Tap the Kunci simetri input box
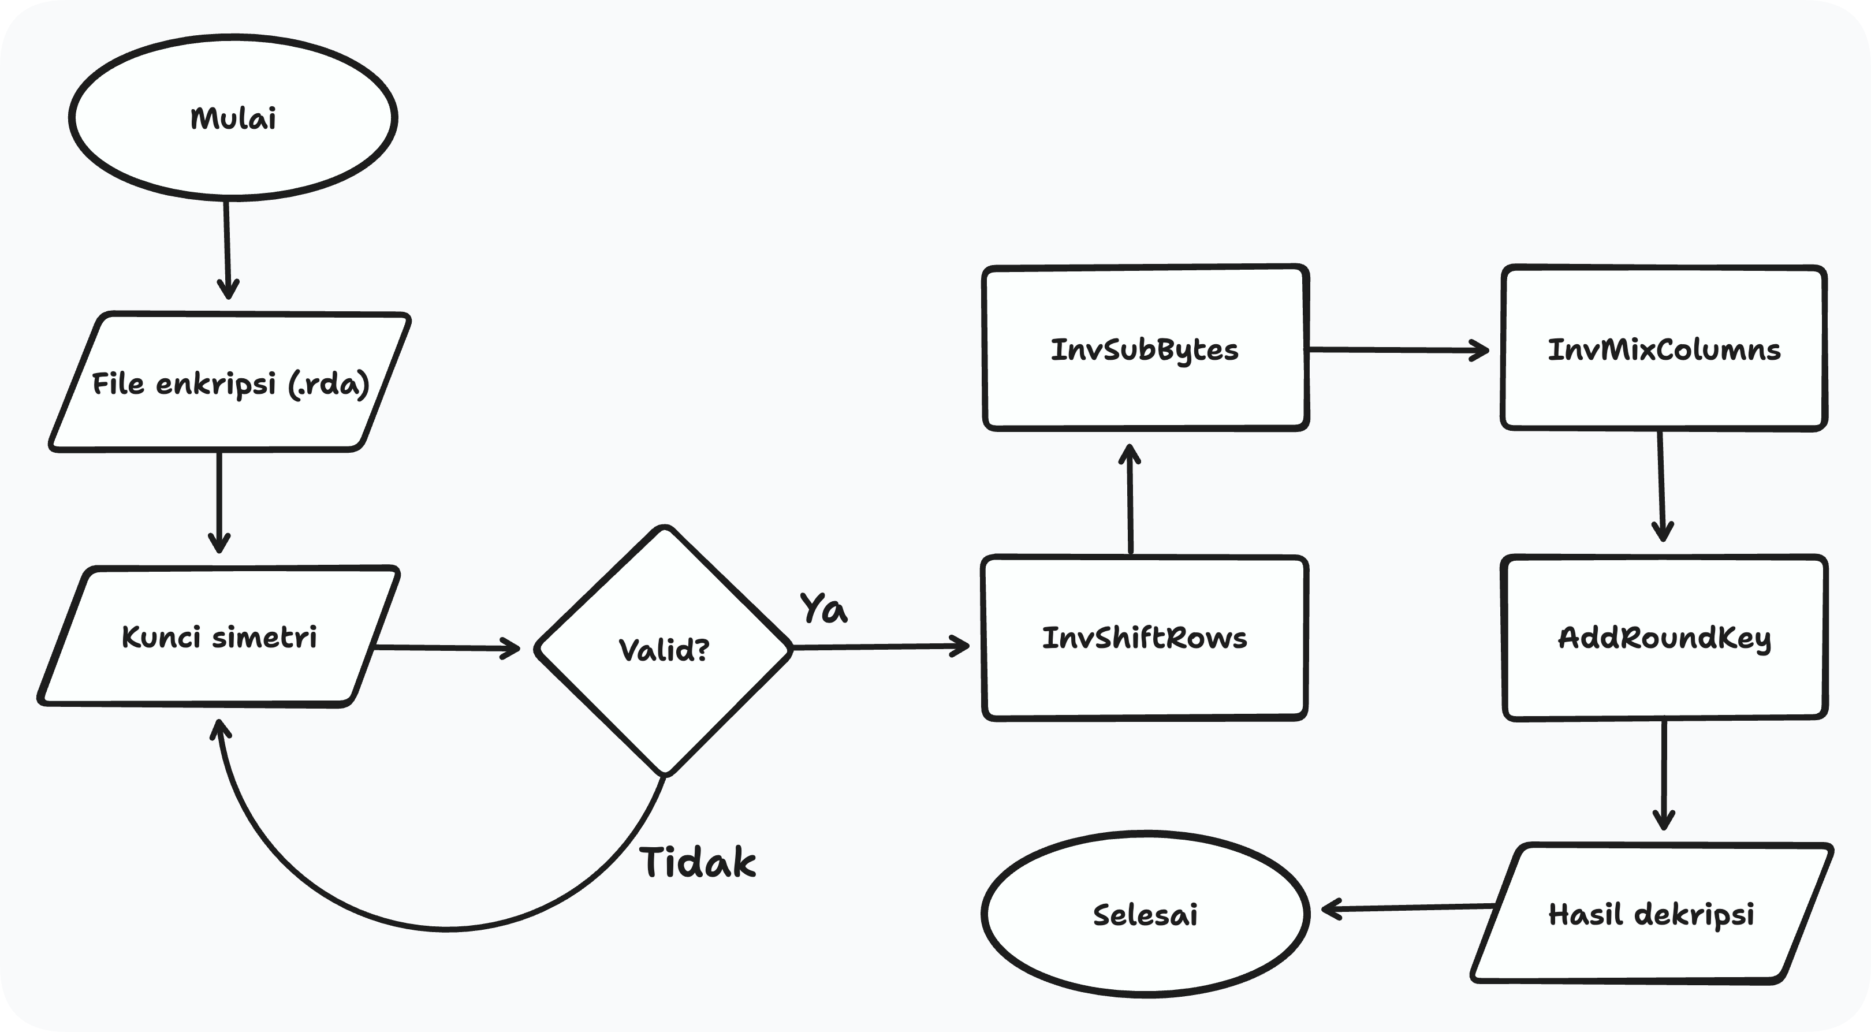coord(219,637)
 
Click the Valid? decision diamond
coord(663,649)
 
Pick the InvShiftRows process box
coord(1145,638)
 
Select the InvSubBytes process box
coord(1145,349)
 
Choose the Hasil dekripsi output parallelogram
coord(1652,914)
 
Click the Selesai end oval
coord(1145,914)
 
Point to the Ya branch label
coord(823,608)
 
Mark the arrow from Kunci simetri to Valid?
coord(447,647)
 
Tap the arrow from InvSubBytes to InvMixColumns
coord(1398,350)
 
